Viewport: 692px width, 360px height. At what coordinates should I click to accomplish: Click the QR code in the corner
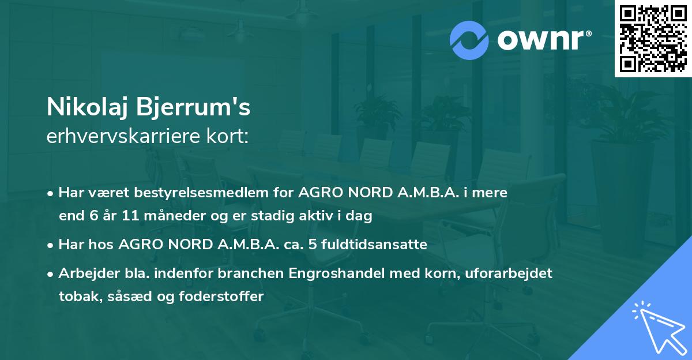[x=653, y=38]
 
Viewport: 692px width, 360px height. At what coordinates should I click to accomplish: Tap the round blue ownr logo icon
[x=469, y=40]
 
